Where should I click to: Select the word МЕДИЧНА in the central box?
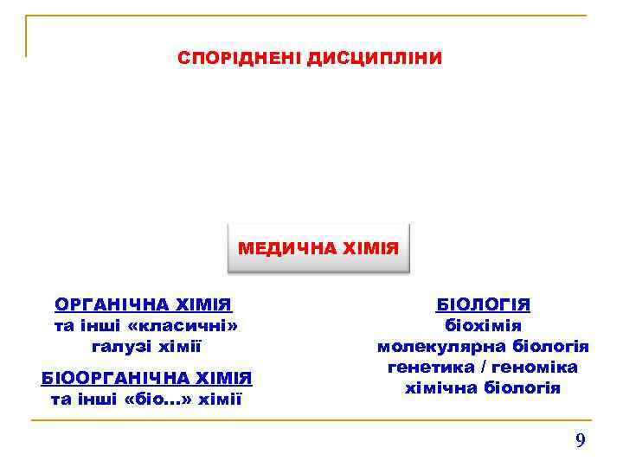click(278, 249)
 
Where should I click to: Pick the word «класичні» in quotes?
click(183, 326)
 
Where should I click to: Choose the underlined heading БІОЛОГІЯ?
click(483, 304)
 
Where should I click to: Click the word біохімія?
click(483, 326)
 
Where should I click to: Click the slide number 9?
click(581, 441)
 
